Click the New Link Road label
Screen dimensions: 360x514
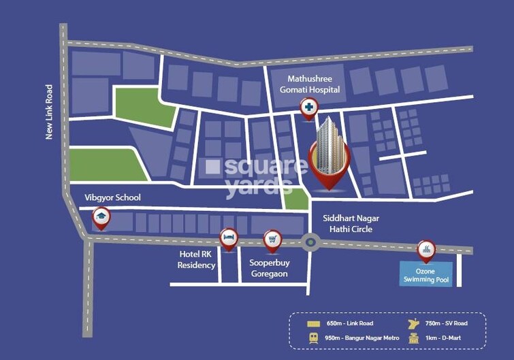point(49,112)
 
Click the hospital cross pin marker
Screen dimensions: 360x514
point(309,108)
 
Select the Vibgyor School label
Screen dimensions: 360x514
point(112,197)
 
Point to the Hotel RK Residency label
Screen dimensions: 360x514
point(197,259)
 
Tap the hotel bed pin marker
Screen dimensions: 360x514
point(229,238)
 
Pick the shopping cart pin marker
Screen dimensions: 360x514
point(273,240)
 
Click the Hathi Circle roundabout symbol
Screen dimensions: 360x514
point(311,241)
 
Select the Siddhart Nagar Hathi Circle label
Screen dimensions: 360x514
point(351,223)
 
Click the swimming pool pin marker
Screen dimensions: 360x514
point(426,249)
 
